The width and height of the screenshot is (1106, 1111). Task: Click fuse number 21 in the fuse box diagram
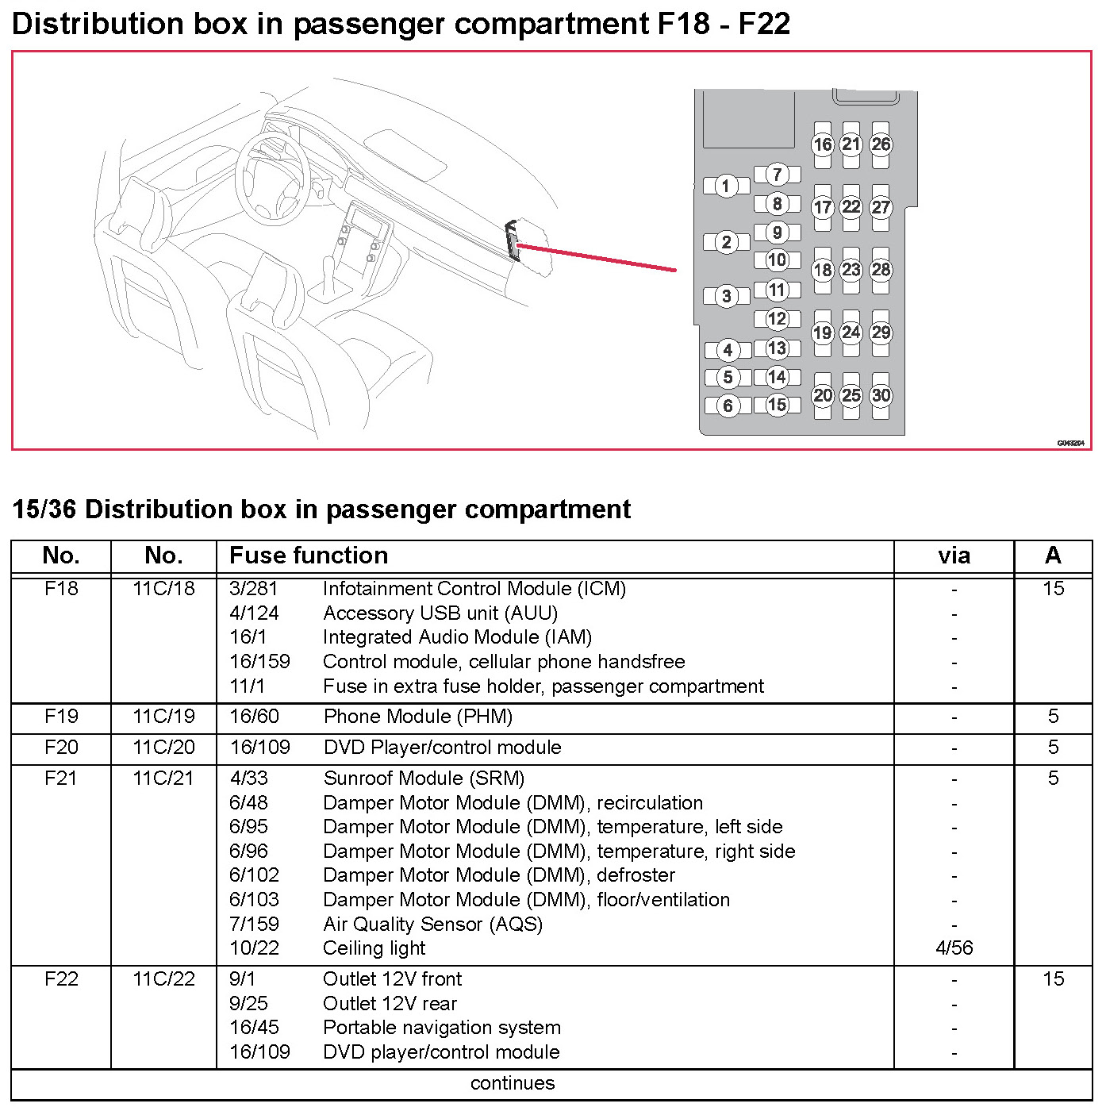click(x=851, y=144)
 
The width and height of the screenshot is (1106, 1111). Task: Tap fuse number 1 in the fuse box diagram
click(x=725, y=186)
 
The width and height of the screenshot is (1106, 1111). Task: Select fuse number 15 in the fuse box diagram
click(x=777, y=405)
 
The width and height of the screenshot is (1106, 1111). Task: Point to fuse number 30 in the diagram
click(x=881, y=395)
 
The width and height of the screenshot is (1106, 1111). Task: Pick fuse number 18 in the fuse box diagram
click(x=823, y=270)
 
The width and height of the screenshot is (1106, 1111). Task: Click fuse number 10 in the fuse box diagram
click(x=777, y=259)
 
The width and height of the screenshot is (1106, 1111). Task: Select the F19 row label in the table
click(x=61, y=717)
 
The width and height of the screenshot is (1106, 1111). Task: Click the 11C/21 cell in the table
click(x=163, y=778)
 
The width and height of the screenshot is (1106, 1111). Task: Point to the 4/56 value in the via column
click(x=954, y=948)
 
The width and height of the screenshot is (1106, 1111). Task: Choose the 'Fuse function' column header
click(x=309, y=555)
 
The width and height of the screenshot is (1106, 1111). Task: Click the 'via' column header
click(x=954, y=555)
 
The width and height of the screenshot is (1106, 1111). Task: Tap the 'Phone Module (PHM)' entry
click(x=417, y=717)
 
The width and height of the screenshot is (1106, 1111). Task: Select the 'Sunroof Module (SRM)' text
click(x=424, y=778)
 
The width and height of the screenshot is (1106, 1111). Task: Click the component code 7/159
click(x=254, y=925)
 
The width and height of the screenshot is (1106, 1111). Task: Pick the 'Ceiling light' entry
click(x=374, y=948)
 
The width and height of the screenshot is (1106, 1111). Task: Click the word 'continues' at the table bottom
click(x=513, y=1083)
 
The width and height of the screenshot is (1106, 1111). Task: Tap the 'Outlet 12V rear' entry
click(x=390, y=1004)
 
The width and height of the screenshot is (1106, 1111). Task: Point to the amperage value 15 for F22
click(x=1053, y=979)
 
